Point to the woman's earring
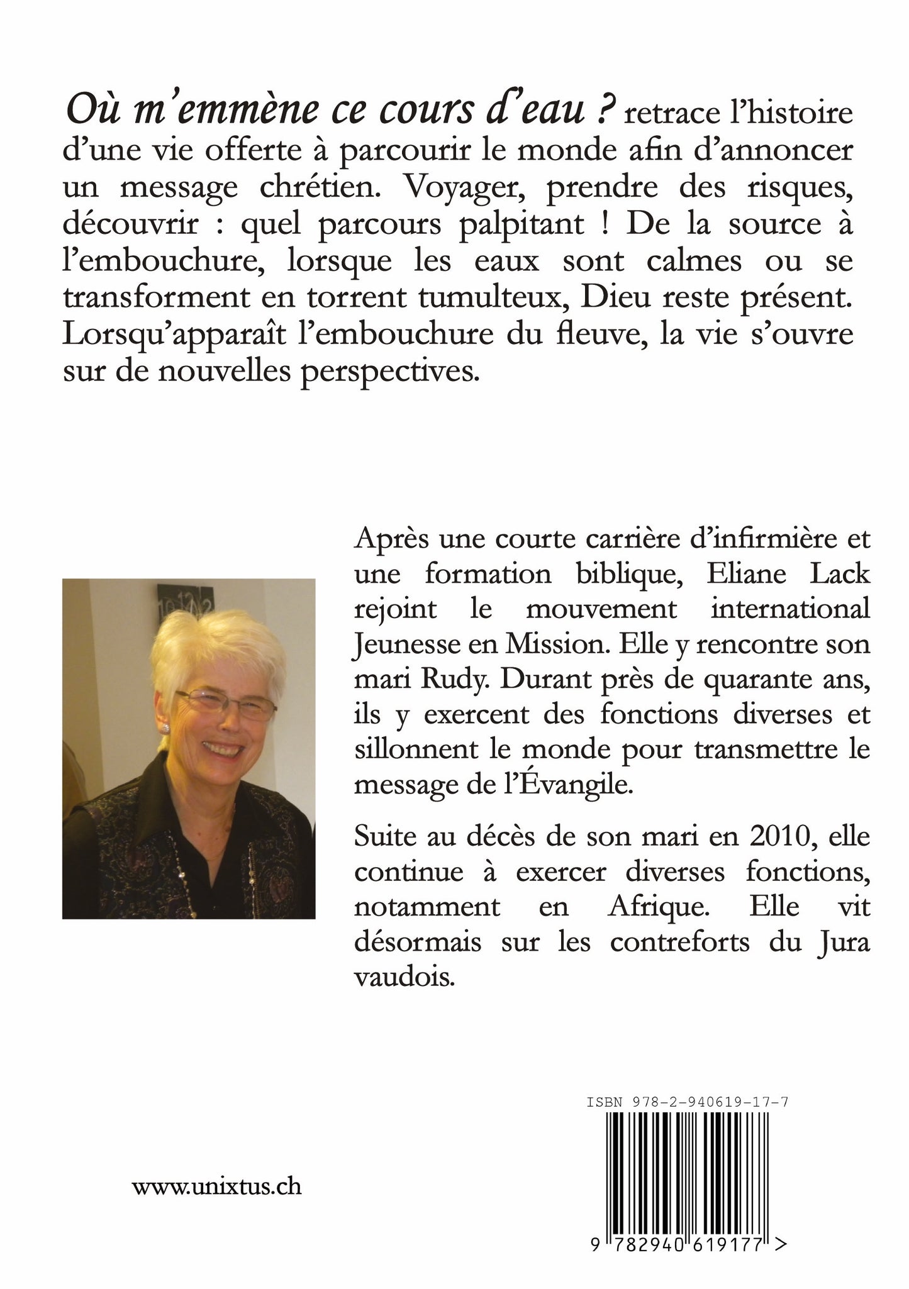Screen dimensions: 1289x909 (167, 727)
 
